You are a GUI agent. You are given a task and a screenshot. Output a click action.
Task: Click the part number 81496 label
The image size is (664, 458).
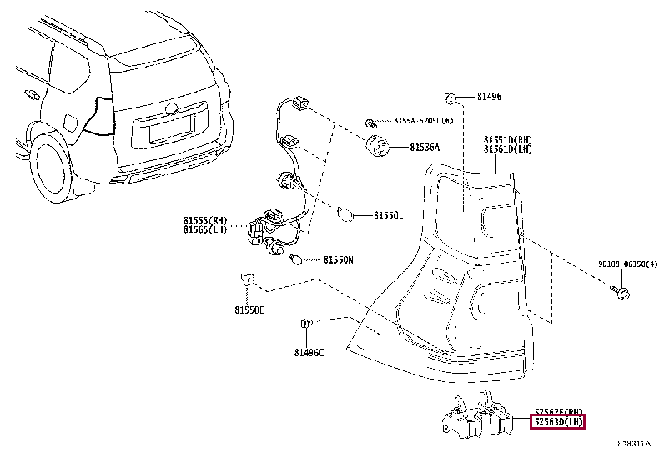click(489, 98)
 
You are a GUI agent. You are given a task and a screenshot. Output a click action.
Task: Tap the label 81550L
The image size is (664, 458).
click(388, 214)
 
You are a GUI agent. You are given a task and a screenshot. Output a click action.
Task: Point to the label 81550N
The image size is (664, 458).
click(338, 260)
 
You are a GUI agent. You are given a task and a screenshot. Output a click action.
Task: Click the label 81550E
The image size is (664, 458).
click(249, 310)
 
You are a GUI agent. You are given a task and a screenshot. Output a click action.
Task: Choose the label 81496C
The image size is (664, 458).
click(309, 352)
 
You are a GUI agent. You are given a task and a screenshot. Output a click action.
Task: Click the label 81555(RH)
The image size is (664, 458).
click(206, 220)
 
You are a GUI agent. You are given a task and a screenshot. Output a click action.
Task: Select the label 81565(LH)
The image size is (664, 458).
click(206, 229)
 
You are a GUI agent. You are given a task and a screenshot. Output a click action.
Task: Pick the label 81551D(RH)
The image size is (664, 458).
click(507, 139)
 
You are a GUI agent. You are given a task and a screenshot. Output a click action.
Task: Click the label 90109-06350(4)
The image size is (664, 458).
click(627, 264)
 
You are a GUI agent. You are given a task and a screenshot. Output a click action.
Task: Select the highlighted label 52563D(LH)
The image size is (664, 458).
click(559, 422)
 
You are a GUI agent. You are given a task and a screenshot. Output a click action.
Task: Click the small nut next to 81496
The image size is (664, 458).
click(450, 98)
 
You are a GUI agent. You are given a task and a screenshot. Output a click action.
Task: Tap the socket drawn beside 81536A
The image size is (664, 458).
click(379, 146)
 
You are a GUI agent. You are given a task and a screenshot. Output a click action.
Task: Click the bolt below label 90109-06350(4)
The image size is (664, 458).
click(621, 291)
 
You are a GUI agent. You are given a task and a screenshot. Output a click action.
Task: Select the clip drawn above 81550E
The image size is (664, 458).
click(247, 279)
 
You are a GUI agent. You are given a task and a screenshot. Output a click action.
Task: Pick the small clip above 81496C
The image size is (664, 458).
click(306, 324)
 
